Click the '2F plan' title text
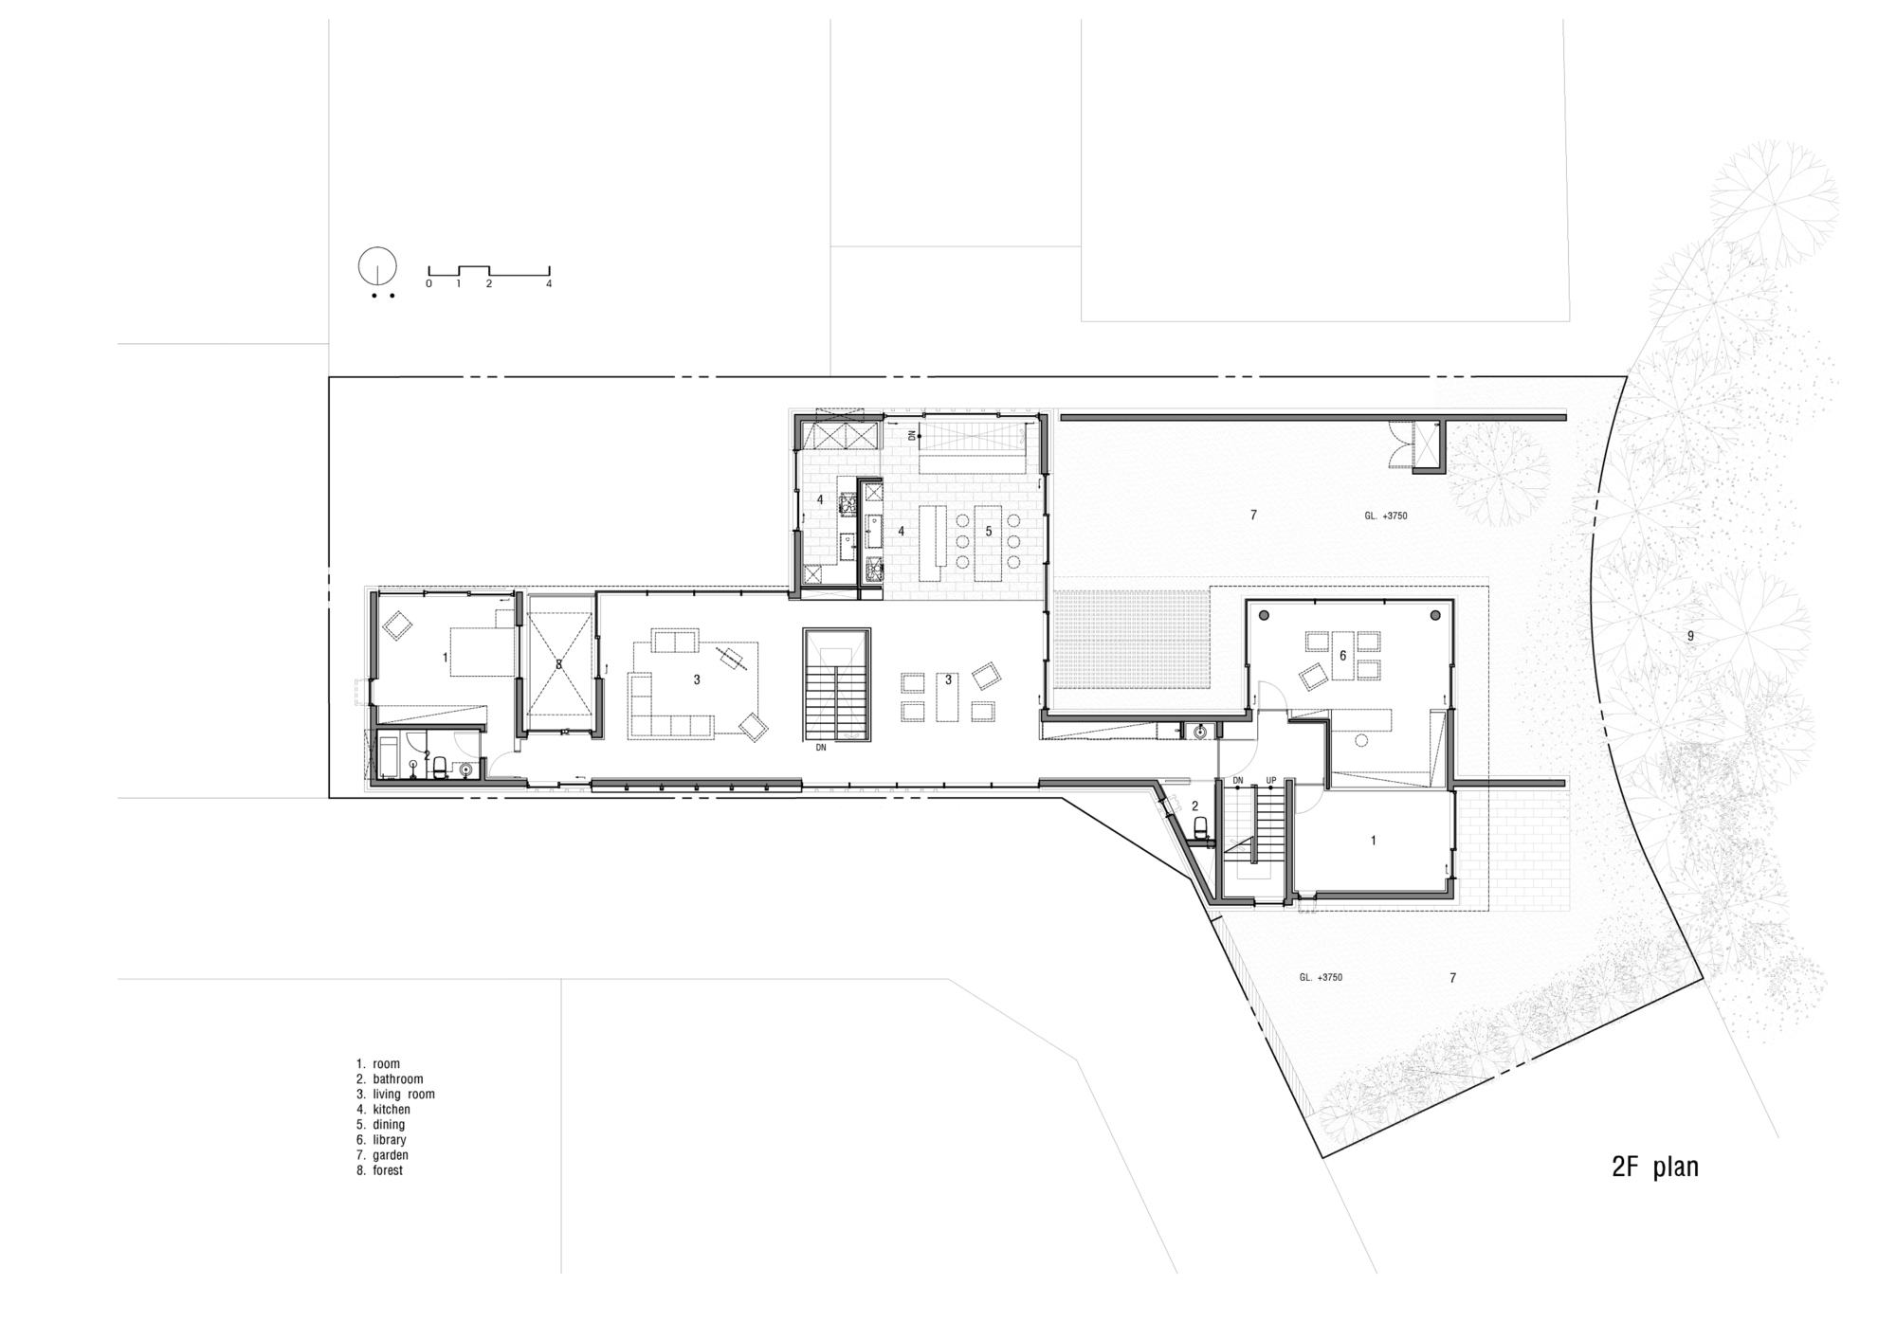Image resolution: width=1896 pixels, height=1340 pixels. [1655, 1167]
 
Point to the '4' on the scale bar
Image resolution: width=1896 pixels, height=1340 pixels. [549, 283]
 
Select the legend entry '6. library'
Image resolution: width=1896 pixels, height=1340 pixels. [381, 1140]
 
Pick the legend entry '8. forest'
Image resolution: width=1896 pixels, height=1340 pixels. [379, 1170]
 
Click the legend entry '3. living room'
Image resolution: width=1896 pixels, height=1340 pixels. [395, 1095]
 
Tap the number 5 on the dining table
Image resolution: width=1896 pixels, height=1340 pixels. [988, 532]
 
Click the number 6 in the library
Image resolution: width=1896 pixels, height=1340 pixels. [1342, 656]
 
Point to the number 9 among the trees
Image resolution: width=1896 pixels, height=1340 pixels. [1690, 636]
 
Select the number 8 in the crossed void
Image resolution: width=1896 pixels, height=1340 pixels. [558, 664]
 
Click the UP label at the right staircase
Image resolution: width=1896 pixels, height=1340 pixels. [1270, 782]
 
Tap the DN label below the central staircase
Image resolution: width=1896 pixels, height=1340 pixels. [821, 748]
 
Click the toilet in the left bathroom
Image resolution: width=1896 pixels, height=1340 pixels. [440, 770]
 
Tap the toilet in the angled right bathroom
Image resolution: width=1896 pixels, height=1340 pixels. [1200, 829]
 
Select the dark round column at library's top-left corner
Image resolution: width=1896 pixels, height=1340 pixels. [1263, 615]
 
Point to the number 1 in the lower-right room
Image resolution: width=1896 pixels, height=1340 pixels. [1374, 841]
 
